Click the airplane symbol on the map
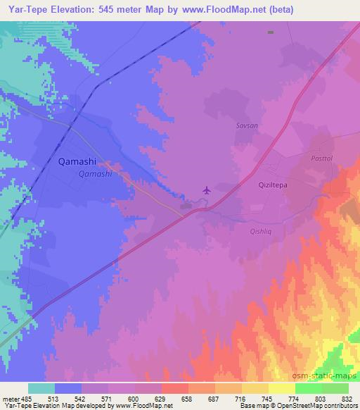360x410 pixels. tap(206, 190)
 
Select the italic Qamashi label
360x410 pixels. tap(96, 173)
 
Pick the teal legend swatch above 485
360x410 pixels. tap(41, 388)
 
